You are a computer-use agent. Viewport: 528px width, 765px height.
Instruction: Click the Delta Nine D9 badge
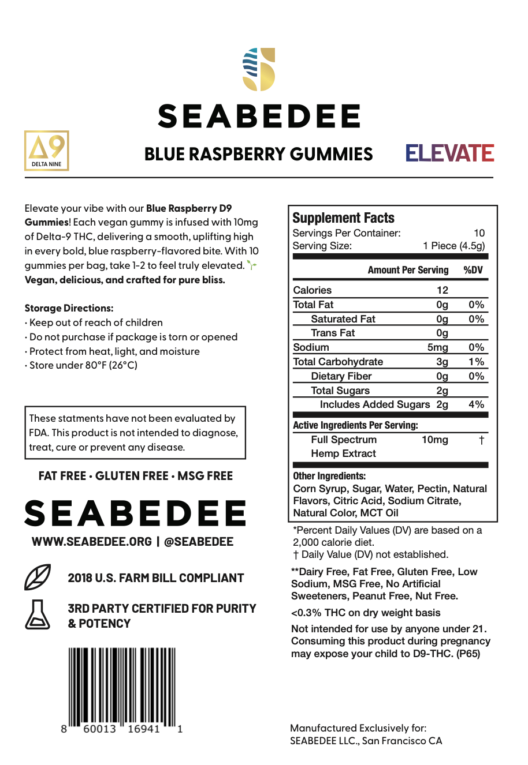click(46, 151)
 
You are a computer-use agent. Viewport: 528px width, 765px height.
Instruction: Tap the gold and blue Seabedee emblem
click(259, 69)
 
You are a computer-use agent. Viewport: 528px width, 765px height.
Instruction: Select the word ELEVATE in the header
click(449, 153)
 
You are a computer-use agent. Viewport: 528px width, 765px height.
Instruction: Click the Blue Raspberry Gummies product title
click(258, 154)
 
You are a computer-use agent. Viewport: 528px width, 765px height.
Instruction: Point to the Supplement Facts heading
click(343, 218)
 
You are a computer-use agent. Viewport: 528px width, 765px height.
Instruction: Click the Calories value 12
click(443, 290)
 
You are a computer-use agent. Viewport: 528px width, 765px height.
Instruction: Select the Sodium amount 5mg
click(437, 347)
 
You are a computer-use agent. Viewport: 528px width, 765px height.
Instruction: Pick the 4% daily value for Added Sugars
click(476, 404)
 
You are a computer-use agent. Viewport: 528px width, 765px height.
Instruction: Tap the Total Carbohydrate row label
click(338, 362)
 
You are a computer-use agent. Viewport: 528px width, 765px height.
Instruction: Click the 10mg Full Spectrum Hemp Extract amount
click(434, 440)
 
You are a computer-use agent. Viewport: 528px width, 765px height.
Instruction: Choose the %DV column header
click(473, 270)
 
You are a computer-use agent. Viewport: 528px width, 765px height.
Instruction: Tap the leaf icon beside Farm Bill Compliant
click(37, 577)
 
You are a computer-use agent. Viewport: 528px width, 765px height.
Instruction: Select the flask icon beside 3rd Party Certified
click(38, 614)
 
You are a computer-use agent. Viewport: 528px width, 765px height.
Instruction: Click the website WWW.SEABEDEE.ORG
click(92, 542)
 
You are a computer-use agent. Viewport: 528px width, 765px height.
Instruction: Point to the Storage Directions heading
click(69, 308)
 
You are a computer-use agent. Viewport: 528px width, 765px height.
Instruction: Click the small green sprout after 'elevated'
click(251, 265)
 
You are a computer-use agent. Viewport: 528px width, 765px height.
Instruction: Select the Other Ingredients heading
click(329, 476)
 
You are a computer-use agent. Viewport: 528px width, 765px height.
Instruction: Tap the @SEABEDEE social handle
click(199, 542)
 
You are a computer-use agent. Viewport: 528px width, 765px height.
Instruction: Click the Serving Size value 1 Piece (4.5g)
click(453, 246)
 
